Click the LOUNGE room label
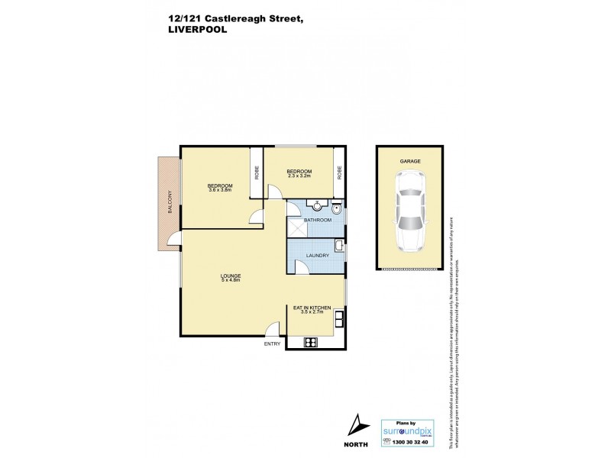(x=231, y=276)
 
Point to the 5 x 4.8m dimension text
(x=231, y=281)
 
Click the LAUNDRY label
(x=317, y=256)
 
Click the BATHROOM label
(x=318, y=221)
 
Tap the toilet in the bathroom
(x=338, y=206)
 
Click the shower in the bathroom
(x=296, y=229)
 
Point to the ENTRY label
(x=273, y=344)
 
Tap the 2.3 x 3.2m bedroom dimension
(x=299, y=176)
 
